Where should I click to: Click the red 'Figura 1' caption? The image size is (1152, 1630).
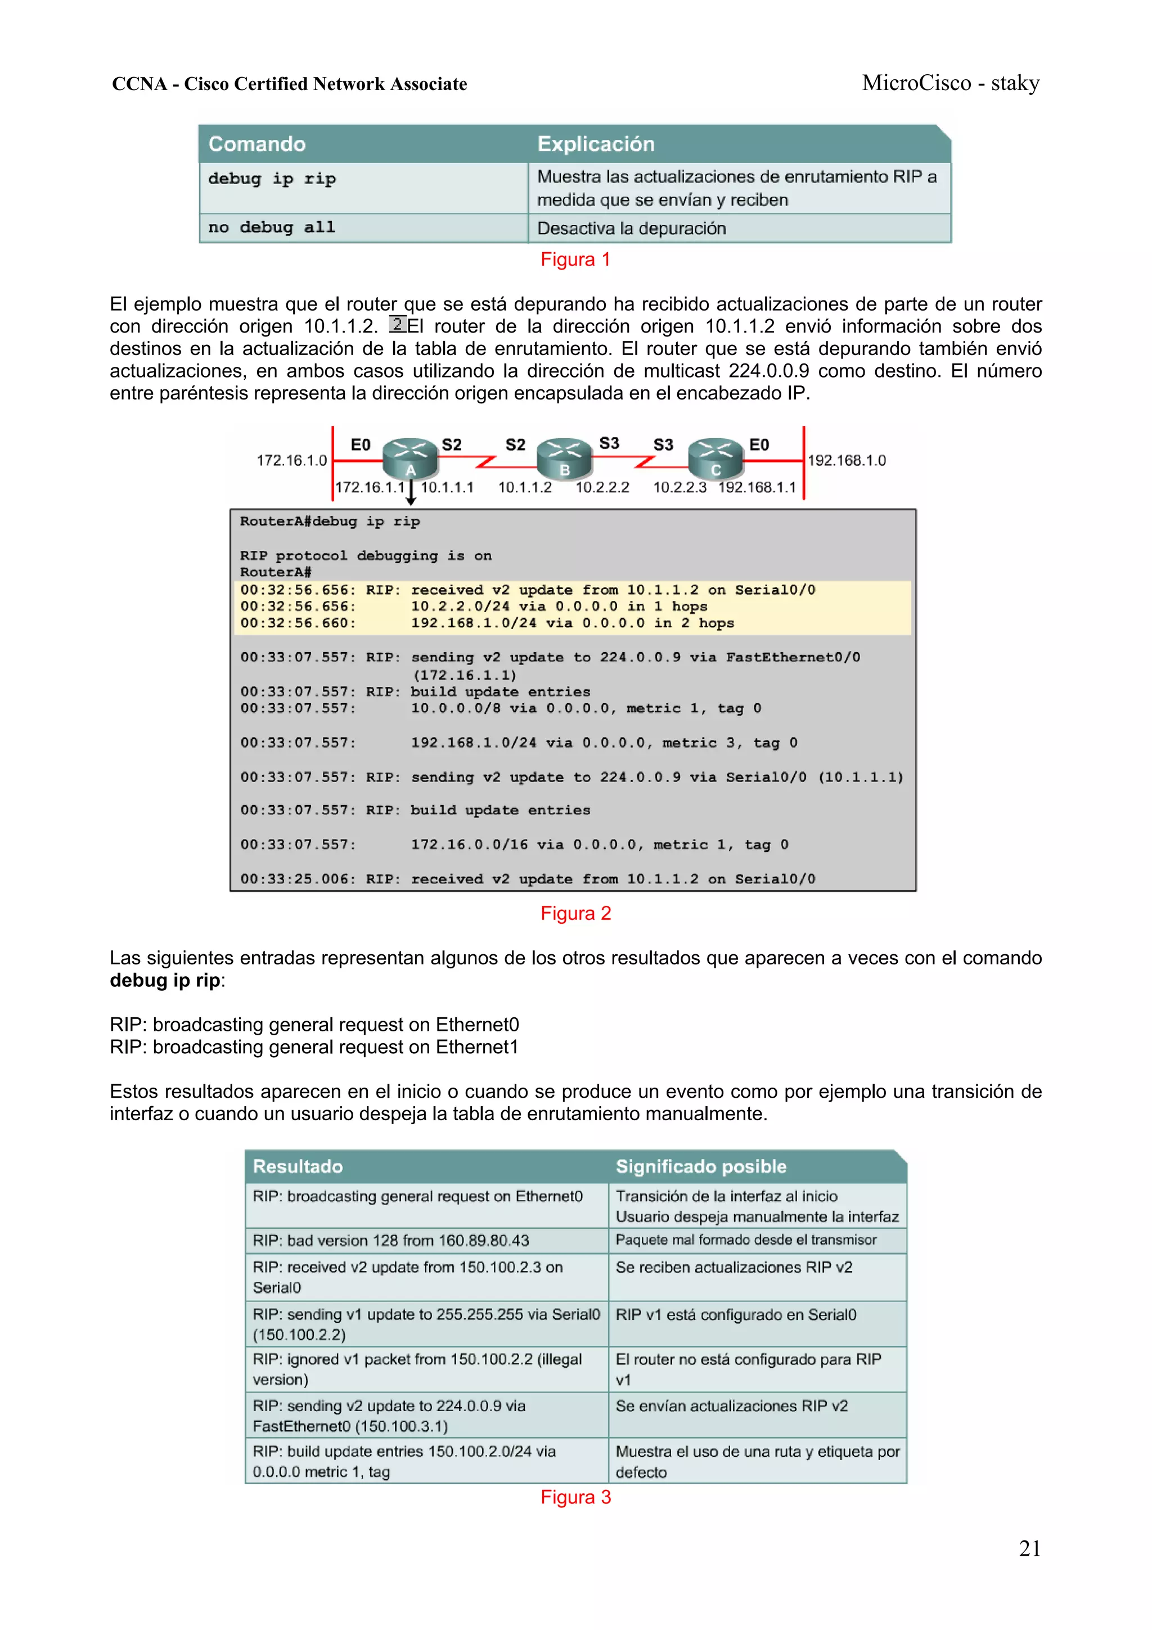(x=575, y=260)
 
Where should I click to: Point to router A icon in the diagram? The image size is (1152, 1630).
(x=409, y=459)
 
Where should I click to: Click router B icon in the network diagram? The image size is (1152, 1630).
(x=564, y=459)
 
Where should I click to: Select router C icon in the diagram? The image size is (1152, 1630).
(x=715, y=459)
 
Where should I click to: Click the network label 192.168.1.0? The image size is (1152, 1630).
(x=846, y=461)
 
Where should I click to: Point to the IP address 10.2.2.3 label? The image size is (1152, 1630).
(x=679, y=488)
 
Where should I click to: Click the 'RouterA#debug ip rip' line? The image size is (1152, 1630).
(x=330, y=522)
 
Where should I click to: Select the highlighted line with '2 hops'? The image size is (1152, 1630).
(x=572, y=623)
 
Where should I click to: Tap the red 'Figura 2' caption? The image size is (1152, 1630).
(x=575, y=914)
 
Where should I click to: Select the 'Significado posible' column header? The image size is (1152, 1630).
(x=700, y=1166)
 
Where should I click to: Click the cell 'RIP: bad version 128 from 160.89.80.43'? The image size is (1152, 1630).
(x=391, y=1241)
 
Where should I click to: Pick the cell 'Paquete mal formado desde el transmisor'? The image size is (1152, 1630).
(x=745, y=1240)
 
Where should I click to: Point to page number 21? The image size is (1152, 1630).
(x=1029, y=1548)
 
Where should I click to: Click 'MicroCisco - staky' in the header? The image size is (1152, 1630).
(x=951, y=84)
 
